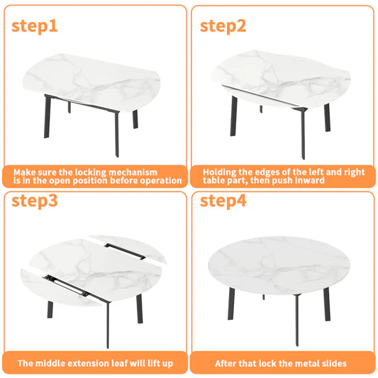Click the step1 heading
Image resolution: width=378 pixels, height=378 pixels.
click(35, 26)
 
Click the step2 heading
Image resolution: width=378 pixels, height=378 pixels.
click(223, 26)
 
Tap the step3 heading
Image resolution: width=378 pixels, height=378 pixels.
click(35, 201)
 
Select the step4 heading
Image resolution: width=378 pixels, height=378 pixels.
click(223, 201)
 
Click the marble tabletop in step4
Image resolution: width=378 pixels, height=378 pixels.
click(279, 265)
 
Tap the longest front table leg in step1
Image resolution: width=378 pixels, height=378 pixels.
click(117, 134)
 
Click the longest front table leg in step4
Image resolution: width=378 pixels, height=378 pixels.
click(297, 320)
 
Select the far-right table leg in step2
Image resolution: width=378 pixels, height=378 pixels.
click(327, 118)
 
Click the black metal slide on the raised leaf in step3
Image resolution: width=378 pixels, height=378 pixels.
click(125, 252)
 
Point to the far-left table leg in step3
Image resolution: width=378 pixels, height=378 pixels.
click(50, 309)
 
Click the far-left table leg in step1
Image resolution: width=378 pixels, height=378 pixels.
click(48, 116)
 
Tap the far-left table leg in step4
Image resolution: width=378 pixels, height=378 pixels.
click(231, 304)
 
